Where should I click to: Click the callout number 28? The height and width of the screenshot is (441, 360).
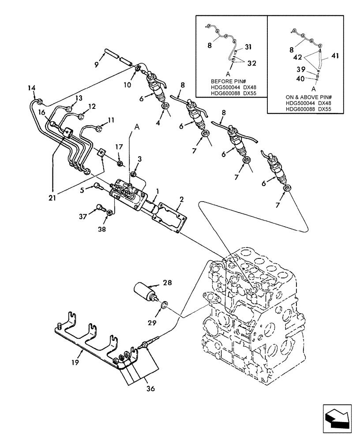[x=155, y=282]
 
